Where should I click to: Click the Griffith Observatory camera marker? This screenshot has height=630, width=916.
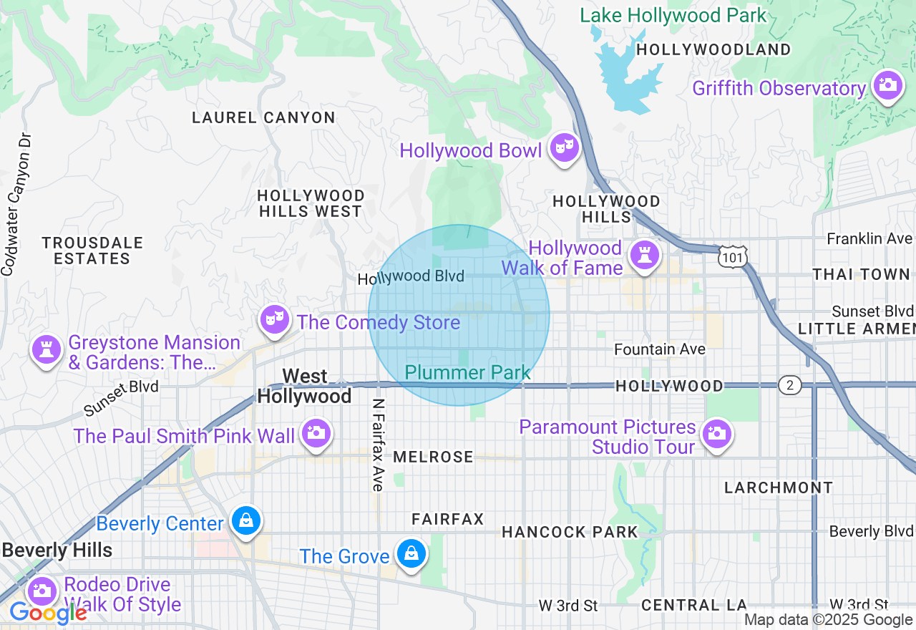(887, 84)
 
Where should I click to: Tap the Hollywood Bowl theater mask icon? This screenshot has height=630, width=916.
(565, 147)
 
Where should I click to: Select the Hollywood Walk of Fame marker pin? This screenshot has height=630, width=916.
(644, 254)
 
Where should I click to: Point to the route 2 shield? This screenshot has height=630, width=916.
(789, 386)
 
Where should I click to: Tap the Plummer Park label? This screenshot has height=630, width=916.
(467, 373)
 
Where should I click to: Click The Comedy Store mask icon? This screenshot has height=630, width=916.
(274, 319)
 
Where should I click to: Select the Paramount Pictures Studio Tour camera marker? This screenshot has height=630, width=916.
(716, 433)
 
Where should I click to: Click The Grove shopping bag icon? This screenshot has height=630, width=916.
(412, 553)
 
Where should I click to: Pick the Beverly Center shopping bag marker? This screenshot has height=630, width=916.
(246, 520)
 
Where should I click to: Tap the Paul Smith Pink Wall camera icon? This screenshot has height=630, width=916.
(315, 432)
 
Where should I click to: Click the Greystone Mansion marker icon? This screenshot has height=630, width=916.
(47, 349)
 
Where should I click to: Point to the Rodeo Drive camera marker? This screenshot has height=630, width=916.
(42, 591)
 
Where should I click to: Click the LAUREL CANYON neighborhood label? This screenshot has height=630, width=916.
(263, 117)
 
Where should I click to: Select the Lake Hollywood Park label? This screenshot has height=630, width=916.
(673, 15)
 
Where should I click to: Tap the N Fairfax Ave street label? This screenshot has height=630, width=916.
(379, 445)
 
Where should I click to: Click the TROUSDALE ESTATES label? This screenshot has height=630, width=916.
(92, 251)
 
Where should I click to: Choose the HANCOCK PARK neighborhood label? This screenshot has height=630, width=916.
(569, 532)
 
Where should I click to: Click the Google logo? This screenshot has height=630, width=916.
(48, 613)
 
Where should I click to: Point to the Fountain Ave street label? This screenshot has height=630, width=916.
(660, 349)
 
